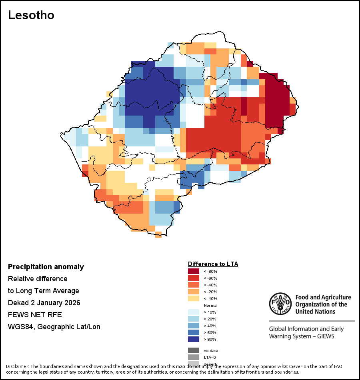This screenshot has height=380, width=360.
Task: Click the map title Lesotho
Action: [31, 15]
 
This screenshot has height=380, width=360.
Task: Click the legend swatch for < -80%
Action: [194, 272]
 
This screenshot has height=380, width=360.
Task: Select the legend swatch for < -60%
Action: [194, 278]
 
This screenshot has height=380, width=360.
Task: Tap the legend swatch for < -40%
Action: [194, 285]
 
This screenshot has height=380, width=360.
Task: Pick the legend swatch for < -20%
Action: [194, 292]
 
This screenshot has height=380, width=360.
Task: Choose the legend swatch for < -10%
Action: [194, 299]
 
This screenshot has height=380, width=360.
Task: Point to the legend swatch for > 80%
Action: [194, 340]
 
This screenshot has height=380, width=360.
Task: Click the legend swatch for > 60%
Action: [194, 333]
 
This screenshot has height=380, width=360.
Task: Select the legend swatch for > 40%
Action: [194, 326]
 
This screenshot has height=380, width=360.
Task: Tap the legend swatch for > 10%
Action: [194, 312]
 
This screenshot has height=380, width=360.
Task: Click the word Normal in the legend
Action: [210, 306]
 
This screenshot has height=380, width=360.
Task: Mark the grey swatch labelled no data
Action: [194, 350]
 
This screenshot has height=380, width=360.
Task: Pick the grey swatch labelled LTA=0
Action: [194, 357]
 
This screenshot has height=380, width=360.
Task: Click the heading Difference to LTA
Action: [213, 264]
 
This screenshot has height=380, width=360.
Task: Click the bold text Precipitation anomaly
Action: [46, 267]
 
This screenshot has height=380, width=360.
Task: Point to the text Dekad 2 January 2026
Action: [44, 303]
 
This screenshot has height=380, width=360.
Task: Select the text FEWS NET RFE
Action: [35, 315]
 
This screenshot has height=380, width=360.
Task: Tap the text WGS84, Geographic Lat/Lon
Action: [54, 327]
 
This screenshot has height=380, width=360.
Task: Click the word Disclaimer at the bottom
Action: [18, 366]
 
